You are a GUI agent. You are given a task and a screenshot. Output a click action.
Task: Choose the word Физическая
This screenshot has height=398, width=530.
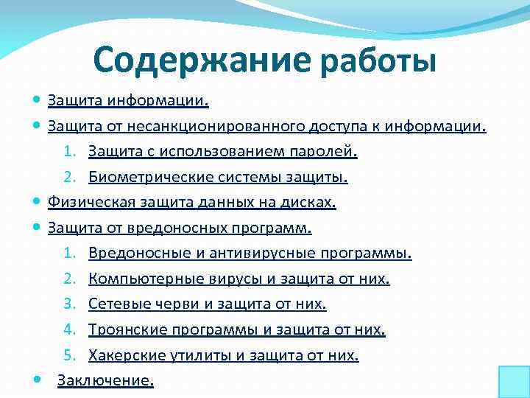82,203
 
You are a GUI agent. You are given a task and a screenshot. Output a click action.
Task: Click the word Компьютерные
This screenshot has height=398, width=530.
136,279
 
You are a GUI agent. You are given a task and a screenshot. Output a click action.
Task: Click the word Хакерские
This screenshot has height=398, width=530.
121,355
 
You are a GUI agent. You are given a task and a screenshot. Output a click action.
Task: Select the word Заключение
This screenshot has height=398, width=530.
105,380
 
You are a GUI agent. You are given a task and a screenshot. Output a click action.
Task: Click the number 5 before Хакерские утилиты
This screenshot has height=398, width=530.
68,355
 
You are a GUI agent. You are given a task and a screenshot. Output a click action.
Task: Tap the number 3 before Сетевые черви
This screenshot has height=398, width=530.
68,304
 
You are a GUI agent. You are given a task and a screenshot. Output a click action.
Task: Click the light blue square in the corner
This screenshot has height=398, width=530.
514,382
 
